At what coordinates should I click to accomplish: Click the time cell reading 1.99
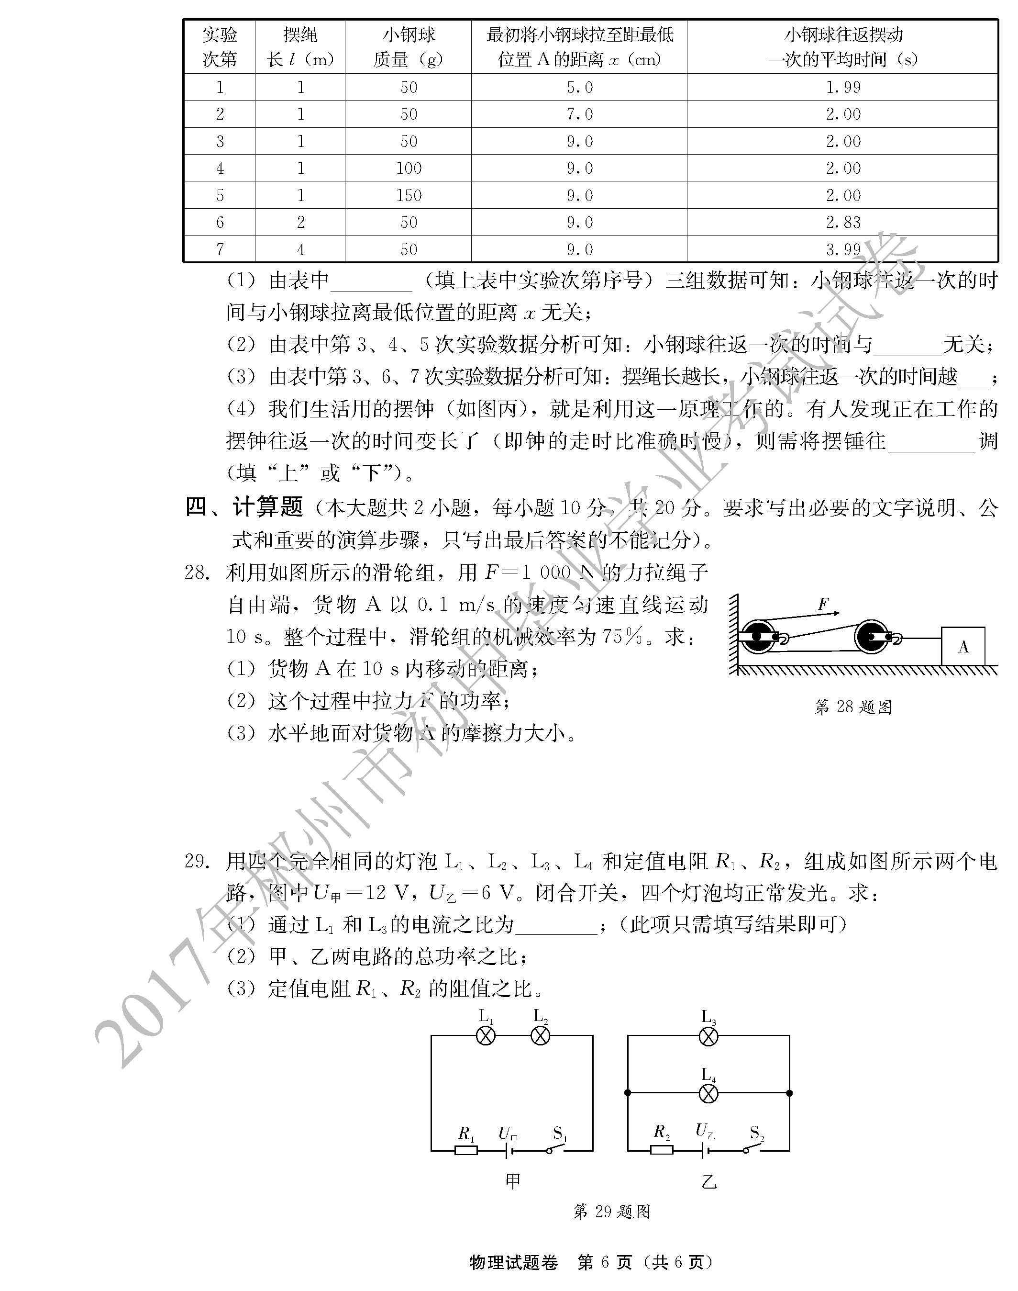[843, 87]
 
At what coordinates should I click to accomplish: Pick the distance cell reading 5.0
[579, 87]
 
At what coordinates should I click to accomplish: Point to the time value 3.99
[843, 249]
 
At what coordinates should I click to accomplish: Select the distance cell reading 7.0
[579, 114]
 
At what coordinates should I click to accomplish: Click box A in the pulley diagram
[963, 646]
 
